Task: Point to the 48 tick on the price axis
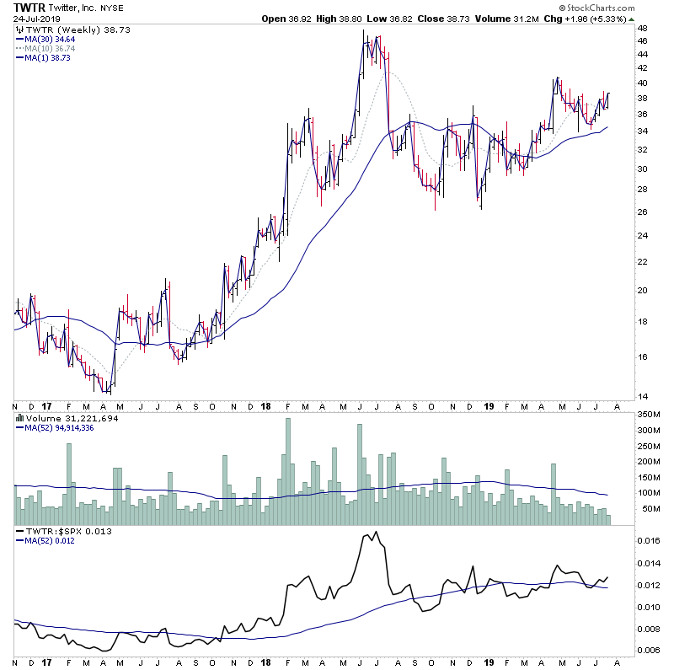tap(642, 28)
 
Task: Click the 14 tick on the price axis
tap(642, 396)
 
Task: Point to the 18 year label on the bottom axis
tap(265, 405)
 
